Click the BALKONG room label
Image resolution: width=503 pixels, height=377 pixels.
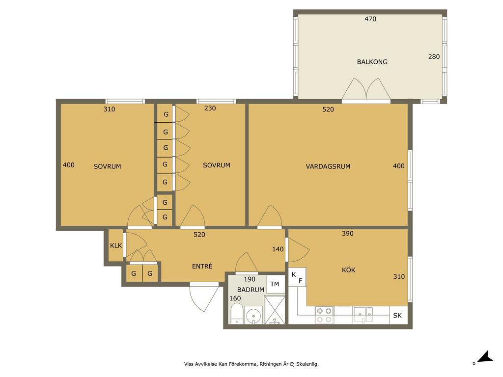[372, 62]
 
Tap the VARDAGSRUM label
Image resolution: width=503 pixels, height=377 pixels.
[328, 166]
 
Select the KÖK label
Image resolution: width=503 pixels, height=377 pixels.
[348, 270]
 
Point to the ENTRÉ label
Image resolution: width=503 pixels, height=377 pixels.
[202, 266]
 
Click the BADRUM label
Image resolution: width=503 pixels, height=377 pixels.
[251, 290]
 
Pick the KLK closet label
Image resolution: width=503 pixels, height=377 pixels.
[116, 245]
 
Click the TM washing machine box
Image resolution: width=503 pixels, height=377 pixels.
[275, 284]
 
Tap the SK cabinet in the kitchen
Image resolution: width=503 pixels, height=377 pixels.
[397, 316]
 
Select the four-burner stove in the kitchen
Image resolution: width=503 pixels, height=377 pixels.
[324, 315]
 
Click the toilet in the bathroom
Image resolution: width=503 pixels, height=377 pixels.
[237, 314]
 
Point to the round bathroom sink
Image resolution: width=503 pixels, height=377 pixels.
[253, 316]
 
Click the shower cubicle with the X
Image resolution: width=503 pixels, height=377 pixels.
[274, 310]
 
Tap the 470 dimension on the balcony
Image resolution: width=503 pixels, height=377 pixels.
[370, 19]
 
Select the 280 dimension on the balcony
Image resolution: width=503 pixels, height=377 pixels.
[434, 57]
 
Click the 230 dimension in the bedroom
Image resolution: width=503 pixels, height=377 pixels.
[210, 108]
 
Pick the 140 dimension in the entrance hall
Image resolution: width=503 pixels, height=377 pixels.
[278, 249]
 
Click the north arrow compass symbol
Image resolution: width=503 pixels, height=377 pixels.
[484, 358]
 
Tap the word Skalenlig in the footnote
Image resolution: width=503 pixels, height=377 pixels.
[307, 364]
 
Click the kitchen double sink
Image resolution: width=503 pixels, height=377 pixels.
[363, 315]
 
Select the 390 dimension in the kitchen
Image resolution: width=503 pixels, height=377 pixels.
[347, 234]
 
